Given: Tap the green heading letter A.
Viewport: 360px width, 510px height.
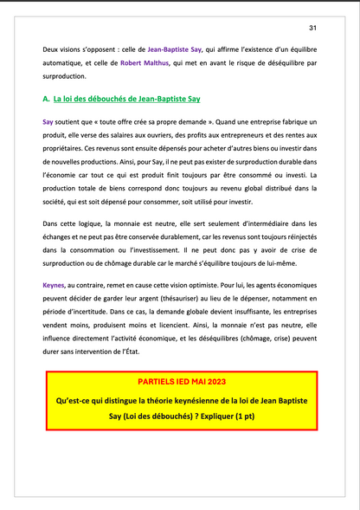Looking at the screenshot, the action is [45, 100].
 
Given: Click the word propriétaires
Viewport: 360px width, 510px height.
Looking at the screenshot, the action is [63, 149].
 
